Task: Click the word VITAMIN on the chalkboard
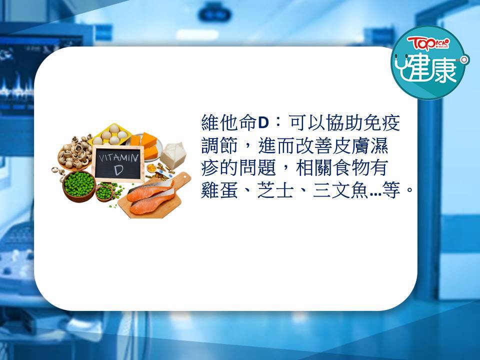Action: click(118, 158)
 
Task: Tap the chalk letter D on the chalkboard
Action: click(118, 170)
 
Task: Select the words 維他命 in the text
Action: click(229, 123)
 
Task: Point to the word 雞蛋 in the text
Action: click(219, 190)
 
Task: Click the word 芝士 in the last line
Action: click(275, 190)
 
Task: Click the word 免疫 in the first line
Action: click(381, 123)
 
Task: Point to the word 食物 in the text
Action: click(351, 167)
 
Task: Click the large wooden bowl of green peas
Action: click(79, 186)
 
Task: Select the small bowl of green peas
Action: click(104, 192)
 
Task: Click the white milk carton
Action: click(173, 155)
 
